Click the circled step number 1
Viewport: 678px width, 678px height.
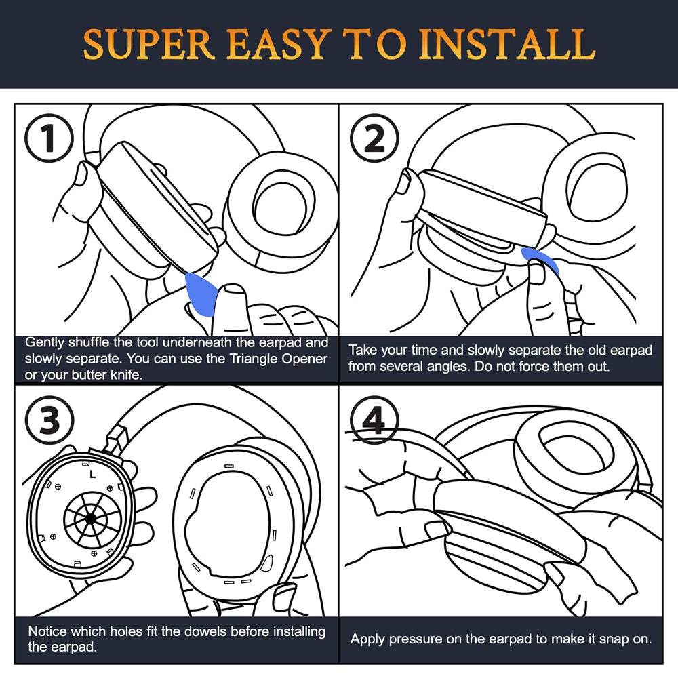coord(49,139)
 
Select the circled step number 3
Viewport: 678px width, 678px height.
coord(49,421)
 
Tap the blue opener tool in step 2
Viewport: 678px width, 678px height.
coord(540,259)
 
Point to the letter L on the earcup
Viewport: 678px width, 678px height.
coord(92,475)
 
